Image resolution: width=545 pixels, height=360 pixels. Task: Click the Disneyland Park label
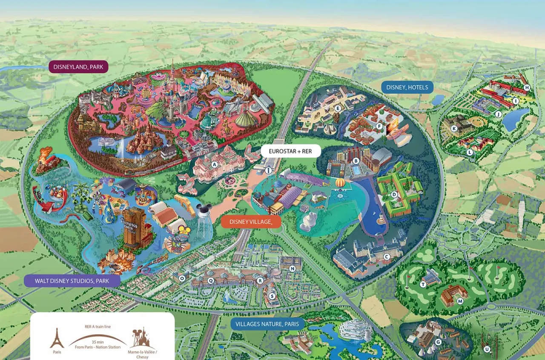(x=78, y=67)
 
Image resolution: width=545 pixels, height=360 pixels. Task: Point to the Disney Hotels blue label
(x=407, y=87)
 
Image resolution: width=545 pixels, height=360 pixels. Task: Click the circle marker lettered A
(x=215, y=164)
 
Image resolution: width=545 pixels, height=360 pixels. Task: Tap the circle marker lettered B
(x=356, y=161)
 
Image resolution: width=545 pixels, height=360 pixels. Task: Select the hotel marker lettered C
(x=387, y=256)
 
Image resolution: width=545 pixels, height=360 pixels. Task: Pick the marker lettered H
(x=527, y=88)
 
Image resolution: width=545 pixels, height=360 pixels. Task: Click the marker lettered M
(x=460, y=301)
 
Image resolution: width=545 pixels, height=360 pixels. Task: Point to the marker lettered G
(x=438, y=342)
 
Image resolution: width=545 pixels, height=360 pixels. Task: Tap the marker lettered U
(x=487, y=349)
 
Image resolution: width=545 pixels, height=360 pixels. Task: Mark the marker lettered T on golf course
(x=423, y=284)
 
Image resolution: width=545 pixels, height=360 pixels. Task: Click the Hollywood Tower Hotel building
(x=134, y=228)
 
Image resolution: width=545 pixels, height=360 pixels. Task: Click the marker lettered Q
(x=211, y=280)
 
